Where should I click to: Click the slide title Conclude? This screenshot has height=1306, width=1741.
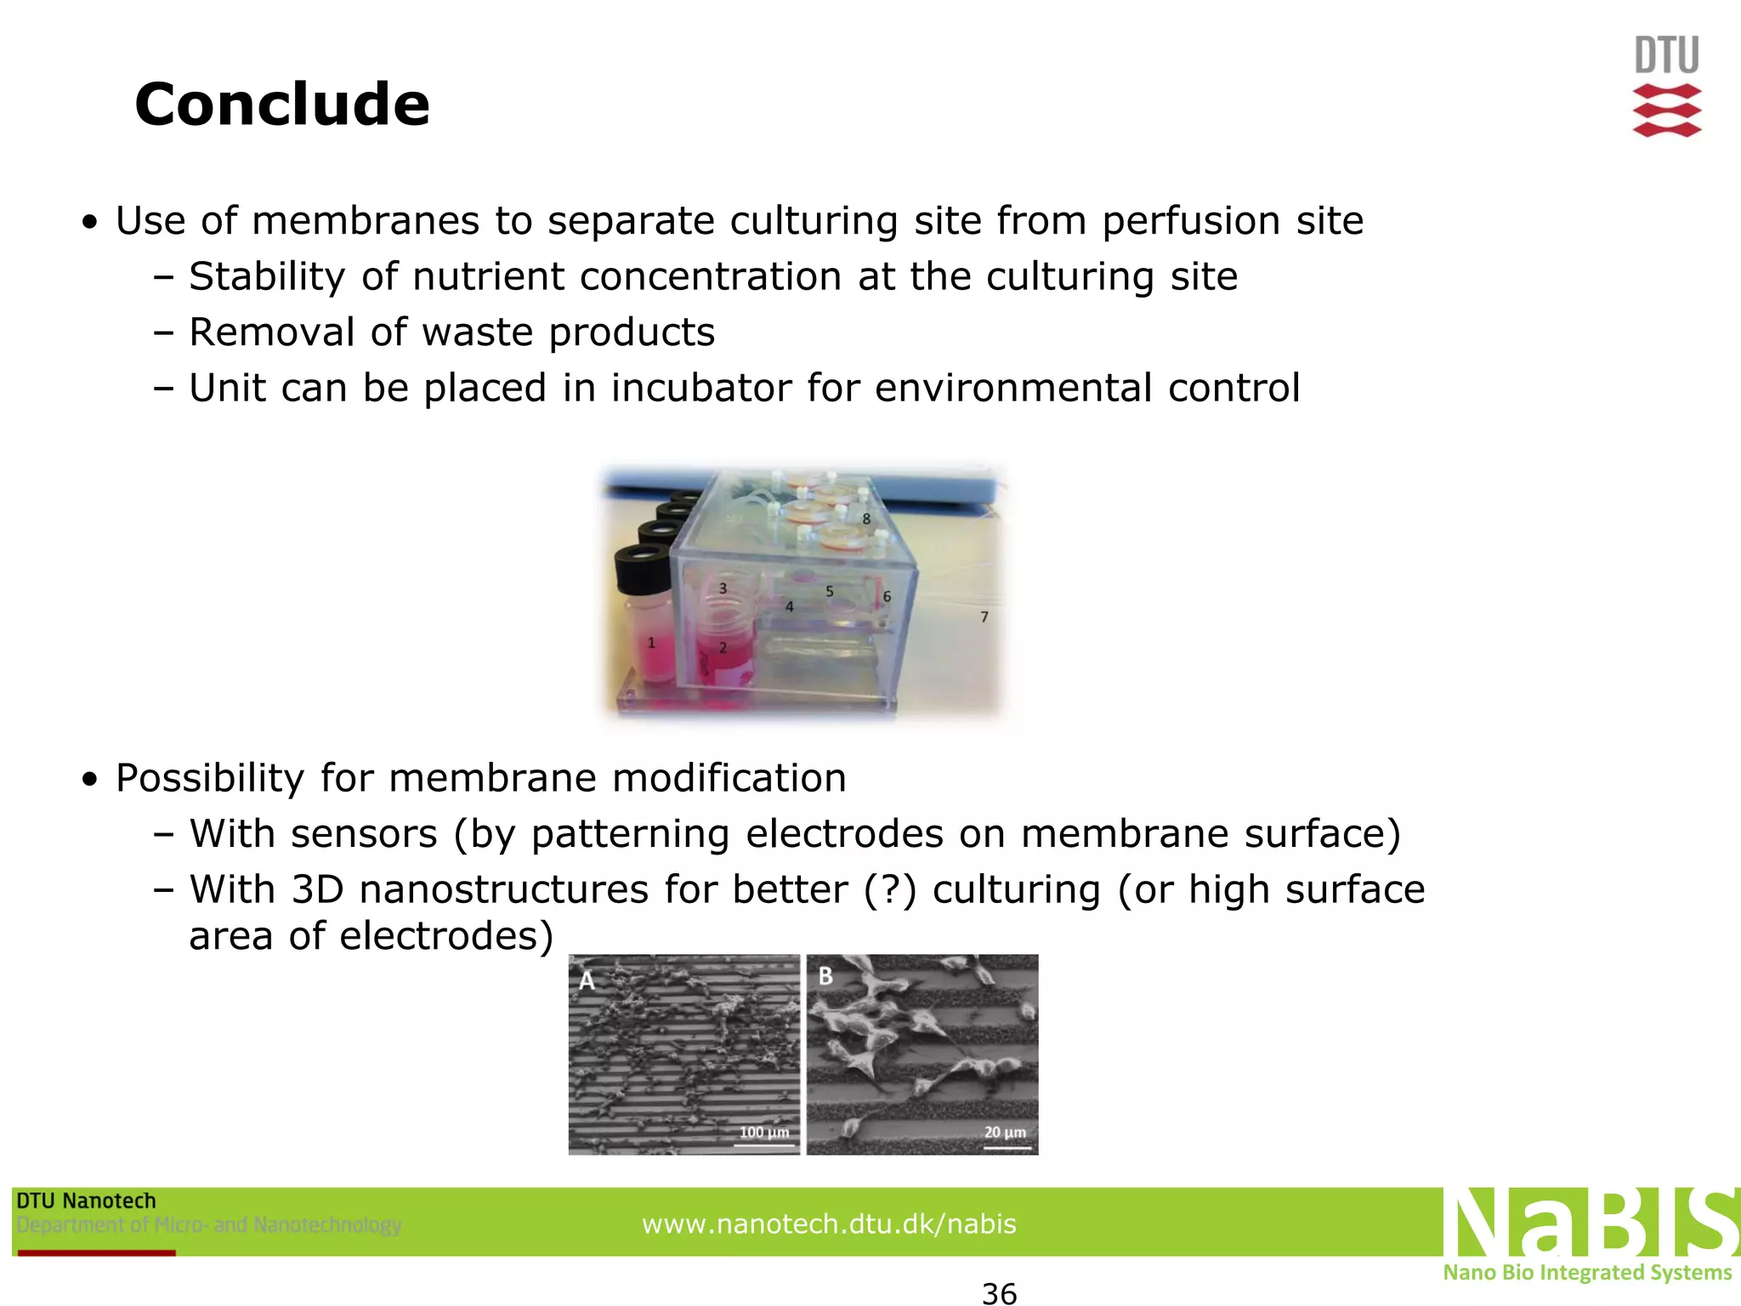(282, 105)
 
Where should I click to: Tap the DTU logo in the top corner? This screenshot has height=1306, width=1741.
(1667, 85)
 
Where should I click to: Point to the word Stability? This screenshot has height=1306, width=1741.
(267, 276)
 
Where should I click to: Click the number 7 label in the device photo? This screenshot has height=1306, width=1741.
(984, 616)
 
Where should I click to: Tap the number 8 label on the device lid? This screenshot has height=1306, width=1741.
(866, 518)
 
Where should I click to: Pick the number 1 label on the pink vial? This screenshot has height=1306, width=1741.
(652, 643)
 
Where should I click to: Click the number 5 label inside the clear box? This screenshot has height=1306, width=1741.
(830, 592)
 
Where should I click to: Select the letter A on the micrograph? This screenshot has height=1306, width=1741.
(587, 980)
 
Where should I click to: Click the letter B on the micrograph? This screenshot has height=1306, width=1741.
(825, 976)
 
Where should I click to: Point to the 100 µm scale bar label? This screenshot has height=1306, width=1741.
(764, 1133)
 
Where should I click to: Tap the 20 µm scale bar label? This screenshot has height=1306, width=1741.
(1005, 1133)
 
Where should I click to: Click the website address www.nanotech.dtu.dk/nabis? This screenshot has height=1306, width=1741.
(829, 1224)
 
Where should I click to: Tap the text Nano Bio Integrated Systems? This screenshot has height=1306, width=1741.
(1587, 1272)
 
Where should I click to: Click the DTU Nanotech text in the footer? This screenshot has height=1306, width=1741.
(87, 1201)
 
